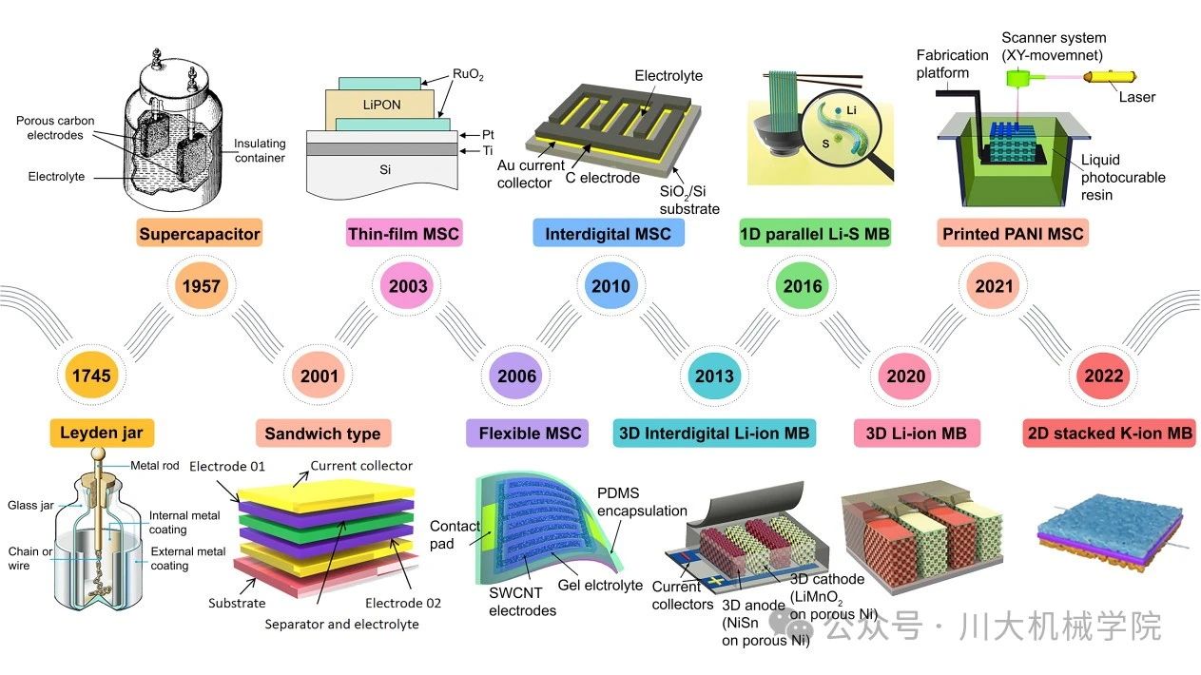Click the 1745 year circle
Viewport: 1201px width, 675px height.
tap(91, 376)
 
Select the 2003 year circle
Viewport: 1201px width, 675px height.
tap(408, 286)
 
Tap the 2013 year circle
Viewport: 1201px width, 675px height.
tap(714, 376)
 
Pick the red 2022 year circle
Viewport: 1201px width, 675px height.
tap(1103, 376)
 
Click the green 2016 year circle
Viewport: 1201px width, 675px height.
tap(803, 286)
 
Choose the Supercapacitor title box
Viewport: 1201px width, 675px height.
tap(200, 233)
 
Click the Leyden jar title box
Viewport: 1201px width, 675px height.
tap(102, 433)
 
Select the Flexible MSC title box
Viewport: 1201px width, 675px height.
tap(527, 433)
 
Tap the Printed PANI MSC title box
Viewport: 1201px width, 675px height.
tap(1013, 233)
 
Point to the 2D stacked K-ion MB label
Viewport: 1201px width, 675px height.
tap(1110, 433)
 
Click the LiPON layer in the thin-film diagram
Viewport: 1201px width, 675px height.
tap(380, 105)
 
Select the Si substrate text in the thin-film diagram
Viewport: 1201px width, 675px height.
tap(385, 169)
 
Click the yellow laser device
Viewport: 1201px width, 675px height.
tap(1109, 76)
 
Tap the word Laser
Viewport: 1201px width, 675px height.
tap(1136, 97)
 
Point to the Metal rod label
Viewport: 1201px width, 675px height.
tap(154, 465)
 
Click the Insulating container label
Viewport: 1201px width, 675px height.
tap(260, 150)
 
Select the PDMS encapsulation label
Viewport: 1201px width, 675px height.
tap(642, 502)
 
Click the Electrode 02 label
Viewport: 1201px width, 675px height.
tap(402, 603)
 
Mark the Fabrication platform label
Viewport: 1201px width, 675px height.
tap(952, 64)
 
